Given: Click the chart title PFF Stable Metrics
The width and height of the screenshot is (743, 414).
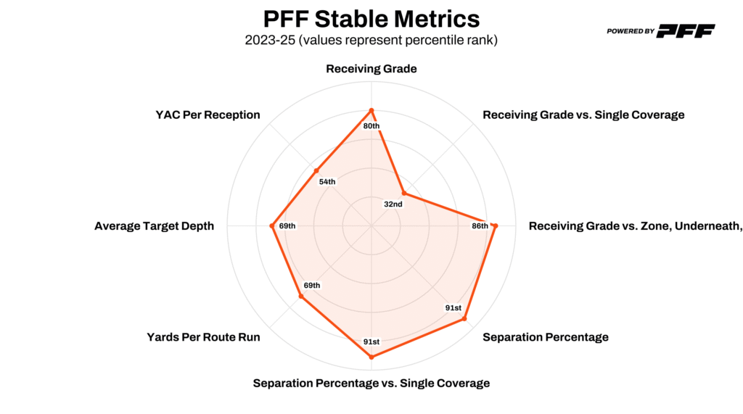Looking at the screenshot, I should (371, 18).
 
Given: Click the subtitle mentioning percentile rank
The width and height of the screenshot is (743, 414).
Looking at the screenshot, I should (371, 40).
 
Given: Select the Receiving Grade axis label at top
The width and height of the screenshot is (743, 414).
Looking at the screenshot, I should (371, 70).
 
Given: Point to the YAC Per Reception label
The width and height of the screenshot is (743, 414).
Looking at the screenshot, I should (208, 115).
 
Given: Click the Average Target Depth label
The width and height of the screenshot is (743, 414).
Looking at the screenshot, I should (154, 226).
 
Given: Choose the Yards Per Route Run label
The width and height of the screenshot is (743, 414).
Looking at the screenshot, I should (203, 337).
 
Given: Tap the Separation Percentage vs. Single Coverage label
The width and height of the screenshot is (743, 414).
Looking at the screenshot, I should (371, 383).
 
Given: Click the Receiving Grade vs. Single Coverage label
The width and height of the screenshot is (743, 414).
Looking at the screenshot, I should (583, 115).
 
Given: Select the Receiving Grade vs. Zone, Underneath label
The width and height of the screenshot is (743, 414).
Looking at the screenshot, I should (635, 226).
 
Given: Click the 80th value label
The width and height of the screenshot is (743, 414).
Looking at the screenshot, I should (371, 126).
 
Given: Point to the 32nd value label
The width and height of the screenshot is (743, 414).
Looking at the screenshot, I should (393, 204).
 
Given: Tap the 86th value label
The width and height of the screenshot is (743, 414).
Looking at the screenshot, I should (480, 226).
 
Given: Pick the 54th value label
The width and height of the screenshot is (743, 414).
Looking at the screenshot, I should (327, 181).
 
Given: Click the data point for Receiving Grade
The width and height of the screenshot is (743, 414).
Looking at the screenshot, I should (371, 110).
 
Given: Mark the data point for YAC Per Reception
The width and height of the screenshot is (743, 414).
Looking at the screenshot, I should (316, 171).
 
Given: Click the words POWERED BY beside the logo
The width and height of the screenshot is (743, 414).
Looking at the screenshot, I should (631, 31).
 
